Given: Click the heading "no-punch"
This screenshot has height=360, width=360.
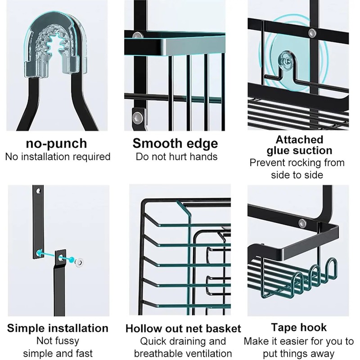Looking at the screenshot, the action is (x=57, y=144).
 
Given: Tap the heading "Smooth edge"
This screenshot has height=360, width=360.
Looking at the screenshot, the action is (x=175, y=144).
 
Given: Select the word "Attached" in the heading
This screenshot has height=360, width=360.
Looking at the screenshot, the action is (x=299, y=139).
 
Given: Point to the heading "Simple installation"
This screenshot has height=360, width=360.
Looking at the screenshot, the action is (x=58, y=328).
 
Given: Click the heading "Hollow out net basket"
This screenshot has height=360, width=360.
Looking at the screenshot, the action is (x=183, y=328).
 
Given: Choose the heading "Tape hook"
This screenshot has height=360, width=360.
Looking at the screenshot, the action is (x=299, y=328).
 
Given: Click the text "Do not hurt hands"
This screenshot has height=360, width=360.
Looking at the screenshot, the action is (x=176, y=157).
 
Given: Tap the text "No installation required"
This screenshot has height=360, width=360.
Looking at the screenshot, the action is (x=58, y=157).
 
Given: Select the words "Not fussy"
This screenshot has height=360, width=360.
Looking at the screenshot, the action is (x=58, y=341).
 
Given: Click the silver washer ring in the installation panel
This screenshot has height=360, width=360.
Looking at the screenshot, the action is (x=79, y=262).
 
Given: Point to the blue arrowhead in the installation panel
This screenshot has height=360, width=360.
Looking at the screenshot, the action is (x=39, y=253).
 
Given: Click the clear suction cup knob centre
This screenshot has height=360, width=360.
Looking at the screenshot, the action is (x=285, y=60).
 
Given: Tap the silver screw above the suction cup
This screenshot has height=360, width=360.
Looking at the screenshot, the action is (x=312, y=33).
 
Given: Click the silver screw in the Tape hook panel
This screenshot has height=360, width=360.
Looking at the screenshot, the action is (x=302, y=223).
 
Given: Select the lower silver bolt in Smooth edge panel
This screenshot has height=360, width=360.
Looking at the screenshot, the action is (x=138, y=117).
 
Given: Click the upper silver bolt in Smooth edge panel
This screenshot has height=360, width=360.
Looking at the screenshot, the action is (x=137, y=36).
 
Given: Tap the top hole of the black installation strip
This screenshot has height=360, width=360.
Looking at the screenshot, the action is (x=38, y=191).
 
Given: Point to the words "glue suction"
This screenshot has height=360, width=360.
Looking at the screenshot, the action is (x=299, y=151).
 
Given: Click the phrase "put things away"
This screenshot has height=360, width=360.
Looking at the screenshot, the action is (x=298, y=353).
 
